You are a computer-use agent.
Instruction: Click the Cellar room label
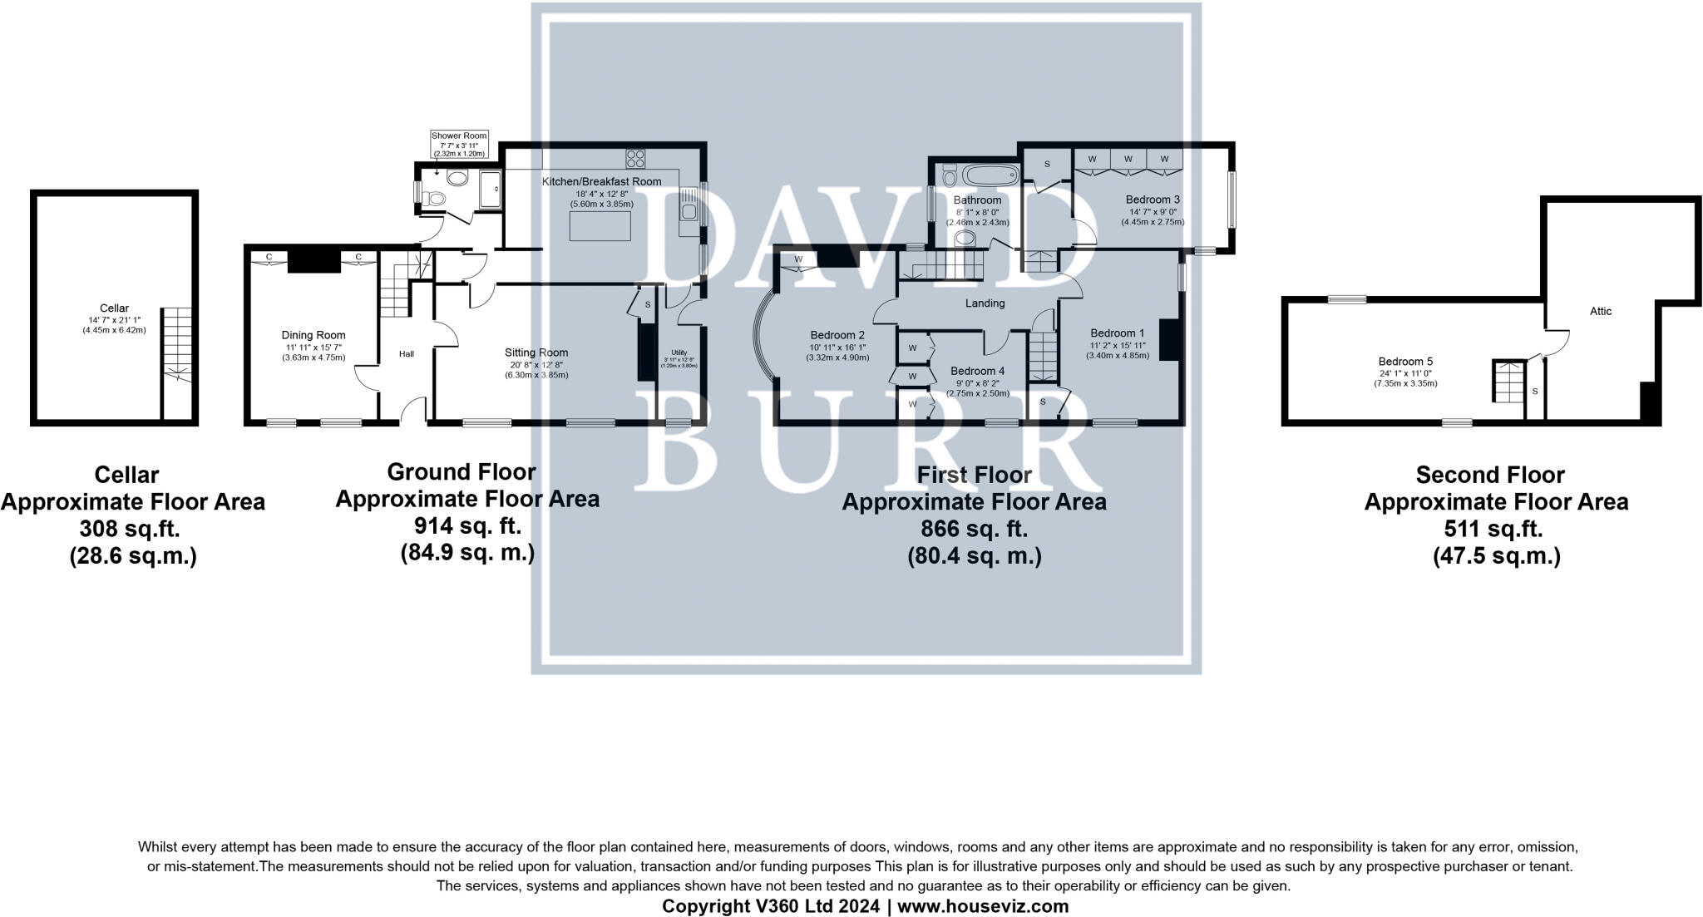tap(115, 308)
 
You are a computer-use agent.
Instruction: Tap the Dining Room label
tap(313, 336)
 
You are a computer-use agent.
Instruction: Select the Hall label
tap(406, 354)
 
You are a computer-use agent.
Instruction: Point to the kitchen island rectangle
tap(599, 225)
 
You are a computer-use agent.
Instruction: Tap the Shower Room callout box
tap(459, 144)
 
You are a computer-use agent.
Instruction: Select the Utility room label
tap(679, 353)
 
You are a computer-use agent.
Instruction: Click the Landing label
tap(985, 303)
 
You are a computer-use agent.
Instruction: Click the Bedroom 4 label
tap(977, 371)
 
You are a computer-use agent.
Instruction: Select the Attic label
tap(1601, 311)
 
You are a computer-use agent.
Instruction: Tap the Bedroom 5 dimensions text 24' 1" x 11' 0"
tap(1405, 373)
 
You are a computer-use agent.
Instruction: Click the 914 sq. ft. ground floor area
tap(467, 525)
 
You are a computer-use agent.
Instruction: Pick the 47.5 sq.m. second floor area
tap(1496, 556)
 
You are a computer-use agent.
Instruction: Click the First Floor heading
tap(974, 475)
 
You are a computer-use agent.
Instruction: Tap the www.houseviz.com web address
tap(983, 906)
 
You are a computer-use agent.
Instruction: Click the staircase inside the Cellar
tap(176, 344)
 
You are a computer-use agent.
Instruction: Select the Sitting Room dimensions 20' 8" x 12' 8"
tap(536, 364)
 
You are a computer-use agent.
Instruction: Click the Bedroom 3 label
tap(1153, 200)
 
